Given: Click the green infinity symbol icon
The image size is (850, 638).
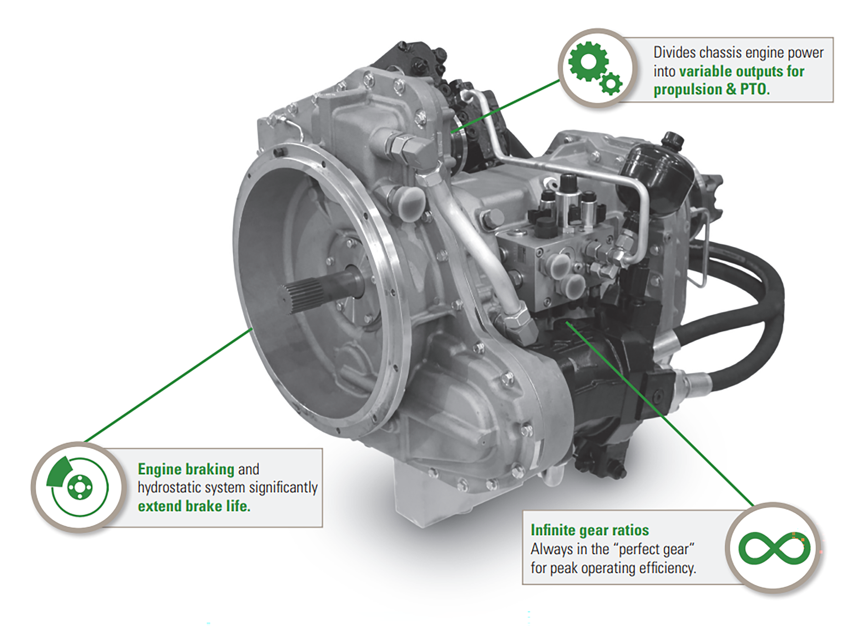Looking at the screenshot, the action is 774,548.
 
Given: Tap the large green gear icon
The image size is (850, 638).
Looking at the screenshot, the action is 588,62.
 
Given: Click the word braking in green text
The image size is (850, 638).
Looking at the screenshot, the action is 210,470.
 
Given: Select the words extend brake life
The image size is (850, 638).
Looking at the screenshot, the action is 194,506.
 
